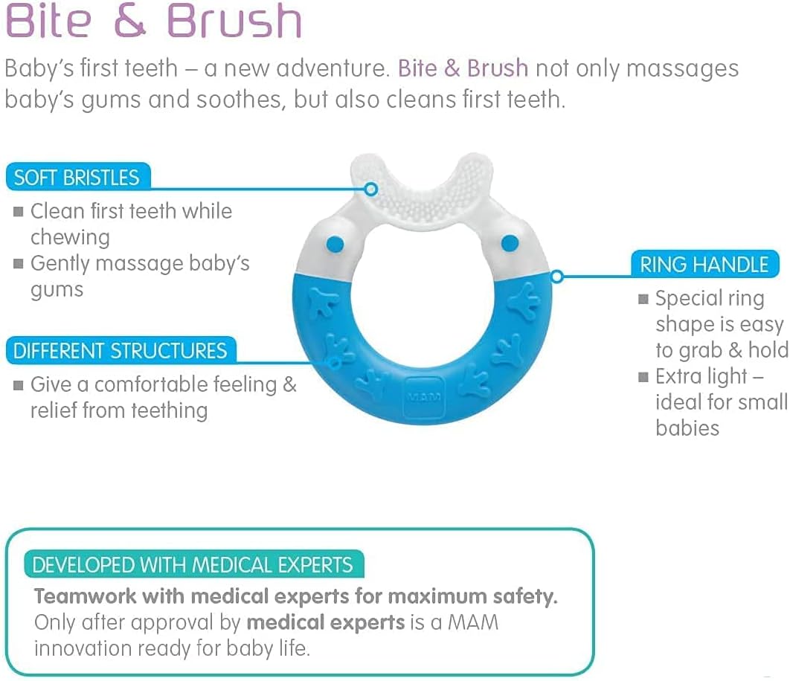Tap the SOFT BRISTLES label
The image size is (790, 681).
coord(77,178)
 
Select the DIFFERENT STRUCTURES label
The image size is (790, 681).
coord(120,350)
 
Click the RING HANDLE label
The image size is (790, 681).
coord(704,265)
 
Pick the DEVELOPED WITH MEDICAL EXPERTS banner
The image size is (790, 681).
coord(193,564)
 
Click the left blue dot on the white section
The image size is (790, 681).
coord(335,243)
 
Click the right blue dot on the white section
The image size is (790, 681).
coord(510,242)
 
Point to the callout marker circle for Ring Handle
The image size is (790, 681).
coord(556,277)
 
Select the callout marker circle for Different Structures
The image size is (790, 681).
coord(334,363)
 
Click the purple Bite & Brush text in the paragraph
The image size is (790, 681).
coord(463,68)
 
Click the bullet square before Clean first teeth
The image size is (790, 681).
coord(18,212)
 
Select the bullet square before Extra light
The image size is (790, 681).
coord(643,378)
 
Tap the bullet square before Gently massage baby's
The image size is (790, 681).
coord(18,264)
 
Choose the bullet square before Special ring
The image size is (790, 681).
coord(643,300)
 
